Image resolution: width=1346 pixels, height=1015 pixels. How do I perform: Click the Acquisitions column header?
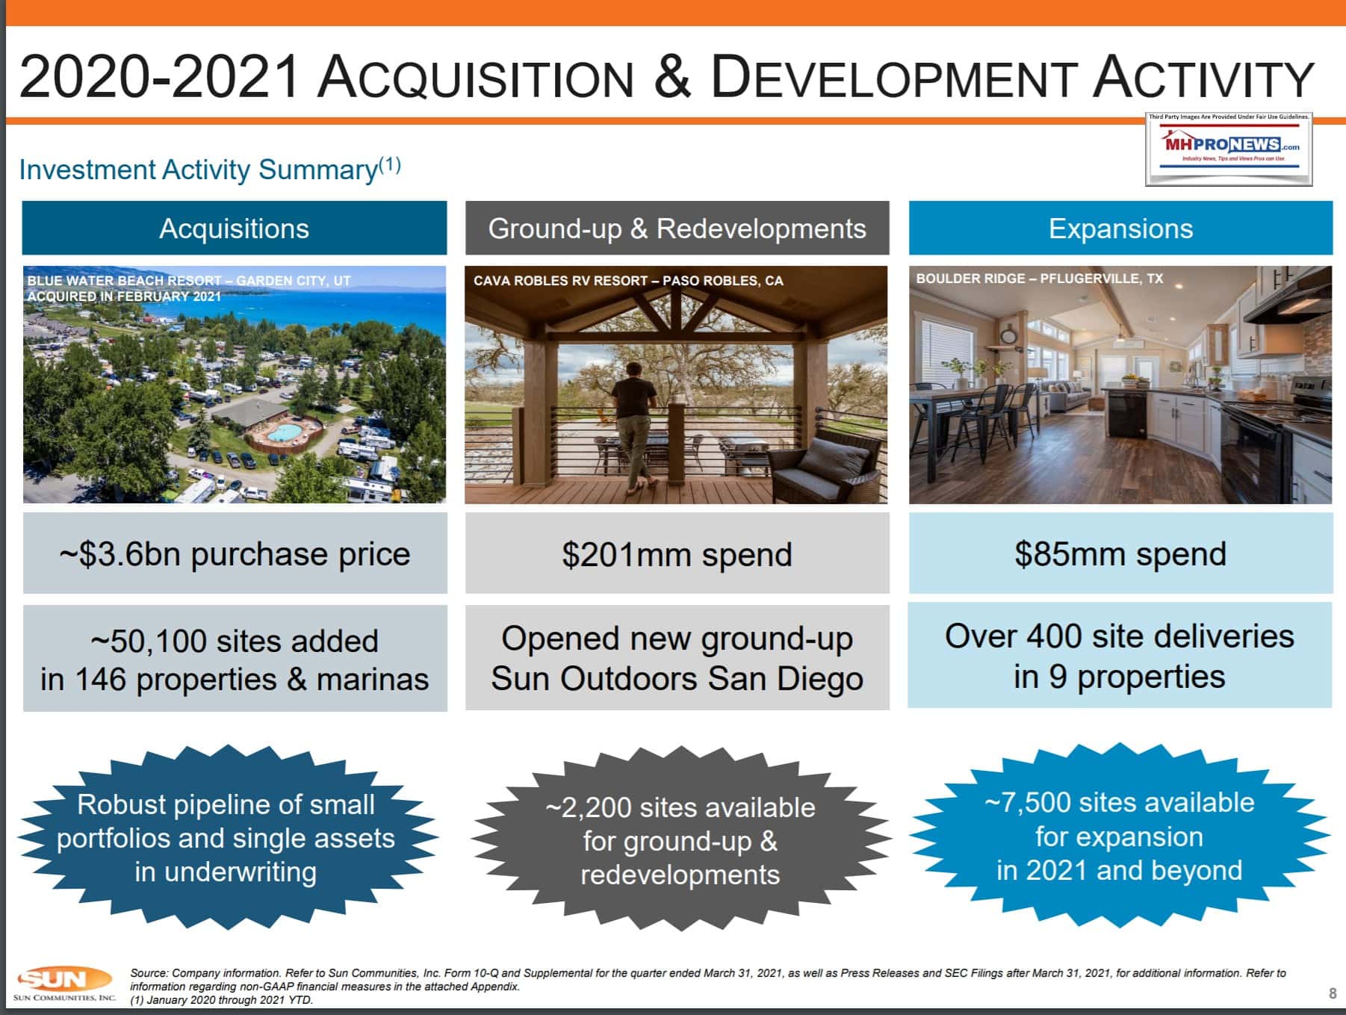click(x=235, y=228)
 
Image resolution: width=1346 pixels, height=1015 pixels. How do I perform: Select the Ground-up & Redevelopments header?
click(x=677, y=228)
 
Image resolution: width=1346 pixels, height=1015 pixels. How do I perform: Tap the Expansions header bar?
click(x=1120, y=228)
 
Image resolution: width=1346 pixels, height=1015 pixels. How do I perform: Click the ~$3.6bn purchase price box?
click(x=235, y=553)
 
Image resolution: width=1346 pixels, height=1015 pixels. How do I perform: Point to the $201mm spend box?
click(x=677, y=553)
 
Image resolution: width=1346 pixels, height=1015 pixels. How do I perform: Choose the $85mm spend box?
click(x=1120, y=553)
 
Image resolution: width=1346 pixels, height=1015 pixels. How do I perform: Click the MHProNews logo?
click(x=1229, y=148)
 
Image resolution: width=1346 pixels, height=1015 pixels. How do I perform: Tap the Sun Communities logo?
click(x=64, y=984)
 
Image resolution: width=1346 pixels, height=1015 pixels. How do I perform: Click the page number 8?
click(x=1333, y=993)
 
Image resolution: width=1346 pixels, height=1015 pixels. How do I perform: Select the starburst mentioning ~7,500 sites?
click(x=1119, y=836)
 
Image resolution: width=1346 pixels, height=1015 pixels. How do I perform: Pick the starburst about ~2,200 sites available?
click(x=680, y=839)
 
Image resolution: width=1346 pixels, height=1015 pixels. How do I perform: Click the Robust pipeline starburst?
click(x=226, y=838)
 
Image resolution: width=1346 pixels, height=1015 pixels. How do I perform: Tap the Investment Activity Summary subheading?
click(x=210, y=169)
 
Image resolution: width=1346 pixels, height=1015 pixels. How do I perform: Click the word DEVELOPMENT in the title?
click(x=893, y=77)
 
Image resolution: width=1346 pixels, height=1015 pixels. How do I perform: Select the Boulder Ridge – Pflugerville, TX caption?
click(x=1040, y=279)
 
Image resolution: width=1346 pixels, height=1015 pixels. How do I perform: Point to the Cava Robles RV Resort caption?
click(x=628, y=281)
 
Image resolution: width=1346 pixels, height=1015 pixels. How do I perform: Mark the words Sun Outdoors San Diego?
click(x=677, y=679)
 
